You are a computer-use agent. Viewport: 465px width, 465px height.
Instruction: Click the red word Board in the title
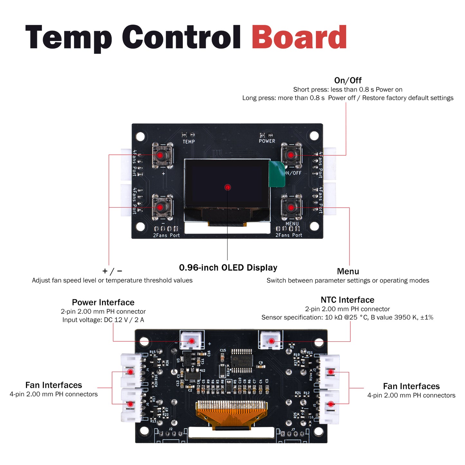[299, 37]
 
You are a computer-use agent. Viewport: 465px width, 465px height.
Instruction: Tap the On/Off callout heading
[348, 80]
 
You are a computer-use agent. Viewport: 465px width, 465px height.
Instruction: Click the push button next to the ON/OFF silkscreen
[291, 155]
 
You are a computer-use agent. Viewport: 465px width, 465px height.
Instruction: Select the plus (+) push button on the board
[160, 155]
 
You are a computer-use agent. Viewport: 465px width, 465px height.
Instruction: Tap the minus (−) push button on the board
[160, 207]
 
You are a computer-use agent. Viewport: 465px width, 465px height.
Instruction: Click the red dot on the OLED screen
[228, 187]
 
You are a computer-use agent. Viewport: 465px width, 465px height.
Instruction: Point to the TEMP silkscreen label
[189, 142]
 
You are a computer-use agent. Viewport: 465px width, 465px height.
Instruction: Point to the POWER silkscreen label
[267, 141]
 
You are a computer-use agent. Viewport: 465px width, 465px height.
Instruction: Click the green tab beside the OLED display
[277, 174]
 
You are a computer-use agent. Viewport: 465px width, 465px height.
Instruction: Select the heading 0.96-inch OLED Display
[228, 268]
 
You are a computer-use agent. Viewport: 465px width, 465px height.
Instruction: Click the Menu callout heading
[348, 271]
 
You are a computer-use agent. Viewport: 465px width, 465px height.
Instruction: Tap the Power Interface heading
[103, 302]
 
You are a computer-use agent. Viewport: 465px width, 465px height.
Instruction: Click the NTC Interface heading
[347, 300]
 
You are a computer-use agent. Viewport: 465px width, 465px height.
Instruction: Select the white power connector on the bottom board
[191, 340]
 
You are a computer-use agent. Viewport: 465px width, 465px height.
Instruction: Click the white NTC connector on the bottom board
[271, 340]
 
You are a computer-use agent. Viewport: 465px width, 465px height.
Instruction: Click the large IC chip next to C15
[242, 360]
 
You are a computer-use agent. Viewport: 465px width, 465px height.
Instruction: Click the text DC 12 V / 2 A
[124, 320]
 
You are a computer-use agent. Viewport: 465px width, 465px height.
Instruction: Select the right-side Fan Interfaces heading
[411, 386]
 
